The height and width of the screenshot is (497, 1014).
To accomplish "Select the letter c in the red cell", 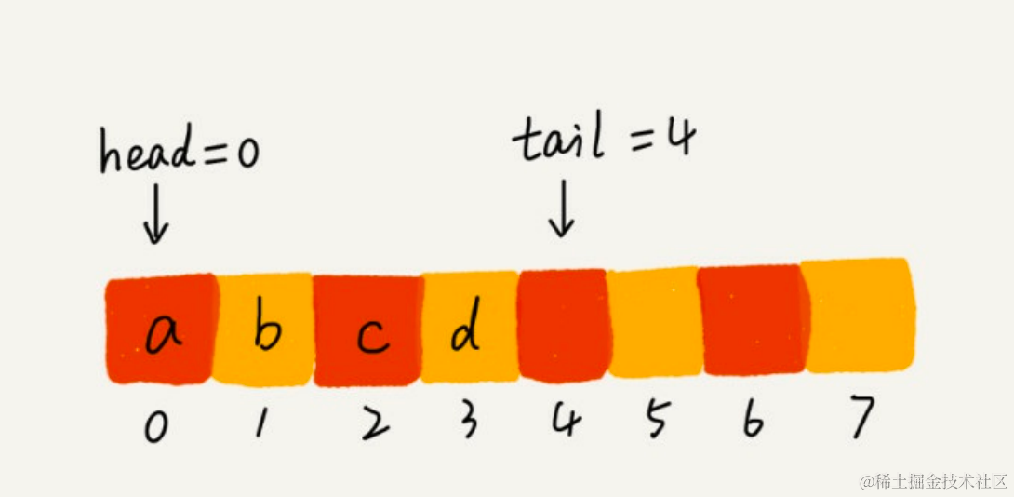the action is [371, 336].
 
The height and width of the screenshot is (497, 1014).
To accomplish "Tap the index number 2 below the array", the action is [371, 424].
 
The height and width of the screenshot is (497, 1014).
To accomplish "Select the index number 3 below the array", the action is [468, 423].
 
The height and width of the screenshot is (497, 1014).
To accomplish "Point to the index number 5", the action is [656, 423].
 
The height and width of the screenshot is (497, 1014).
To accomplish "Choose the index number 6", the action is [752, 423].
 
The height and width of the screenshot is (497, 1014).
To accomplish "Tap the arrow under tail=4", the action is [561, 212].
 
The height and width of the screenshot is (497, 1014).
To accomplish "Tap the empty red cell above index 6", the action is [751, 320].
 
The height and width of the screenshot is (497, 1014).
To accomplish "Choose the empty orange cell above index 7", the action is [858, 316].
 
